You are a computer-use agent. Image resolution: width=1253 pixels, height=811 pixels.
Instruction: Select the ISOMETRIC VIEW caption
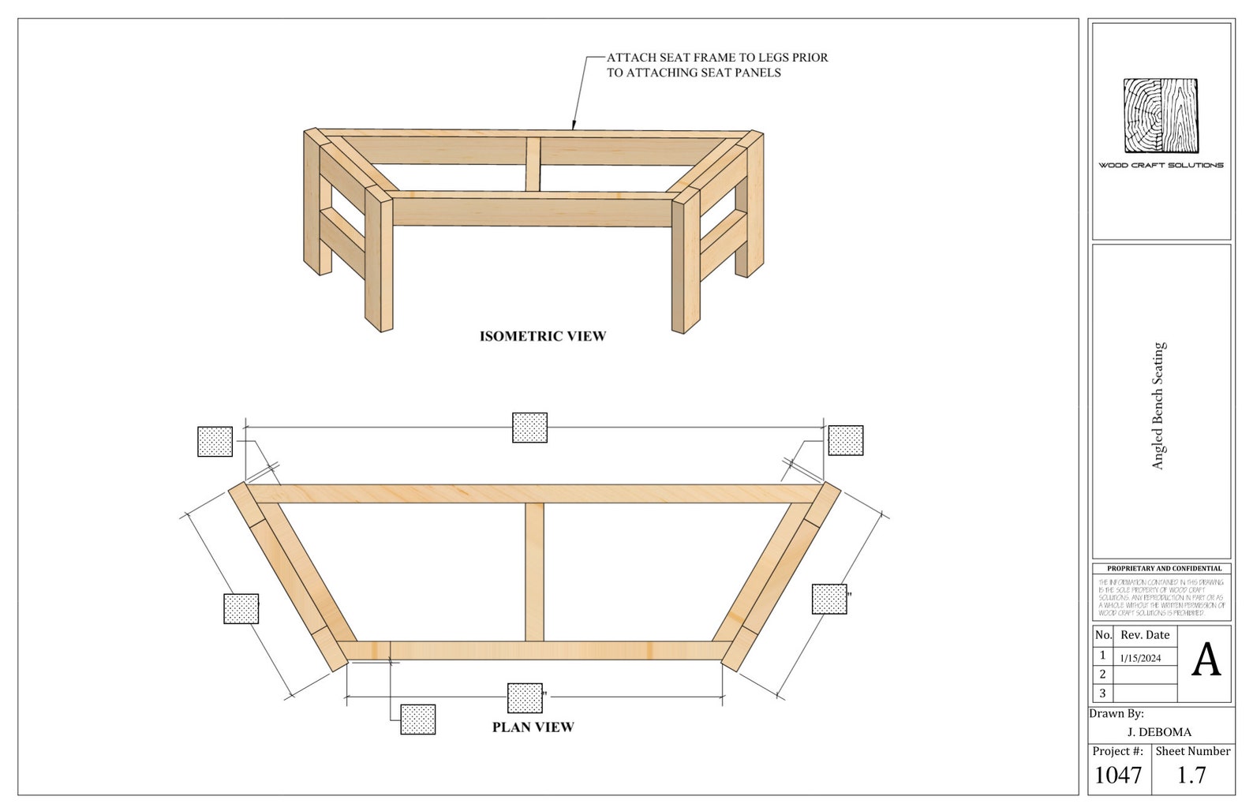point(543,336)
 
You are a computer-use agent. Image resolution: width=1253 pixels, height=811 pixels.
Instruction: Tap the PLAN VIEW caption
point(533,727)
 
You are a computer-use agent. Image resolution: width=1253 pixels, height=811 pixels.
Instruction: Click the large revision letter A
point(1205,661)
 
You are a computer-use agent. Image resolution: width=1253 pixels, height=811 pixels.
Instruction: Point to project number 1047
point(1118,775)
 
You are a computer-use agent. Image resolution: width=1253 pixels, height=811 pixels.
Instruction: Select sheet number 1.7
point(1191,775)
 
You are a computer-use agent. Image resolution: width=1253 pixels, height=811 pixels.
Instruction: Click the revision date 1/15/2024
point(1140,658)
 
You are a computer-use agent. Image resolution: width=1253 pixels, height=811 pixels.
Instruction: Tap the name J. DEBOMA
point(1159,732)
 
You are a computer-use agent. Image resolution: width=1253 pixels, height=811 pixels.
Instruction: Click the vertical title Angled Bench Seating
point(1158,406)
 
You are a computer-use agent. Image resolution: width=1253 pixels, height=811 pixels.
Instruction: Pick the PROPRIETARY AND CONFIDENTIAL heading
point(1164,568)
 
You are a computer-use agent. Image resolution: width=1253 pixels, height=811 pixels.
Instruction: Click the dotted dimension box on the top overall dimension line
point(529,428)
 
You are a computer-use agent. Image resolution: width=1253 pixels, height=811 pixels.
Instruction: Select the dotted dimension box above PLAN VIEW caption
point(525,698)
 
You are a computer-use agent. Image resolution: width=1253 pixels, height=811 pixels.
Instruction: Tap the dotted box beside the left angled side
point(241,609)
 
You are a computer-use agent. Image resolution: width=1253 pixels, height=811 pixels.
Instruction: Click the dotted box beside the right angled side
point(829,599)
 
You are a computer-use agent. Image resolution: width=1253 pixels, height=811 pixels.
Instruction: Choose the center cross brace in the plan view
point(534,572)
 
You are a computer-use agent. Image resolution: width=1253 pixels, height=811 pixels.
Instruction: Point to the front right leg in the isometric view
point(686,264)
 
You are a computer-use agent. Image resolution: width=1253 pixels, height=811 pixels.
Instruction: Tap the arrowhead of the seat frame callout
point(574,125)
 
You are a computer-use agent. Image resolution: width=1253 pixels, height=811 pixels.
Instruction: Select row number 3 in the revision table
point(1102,693)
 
